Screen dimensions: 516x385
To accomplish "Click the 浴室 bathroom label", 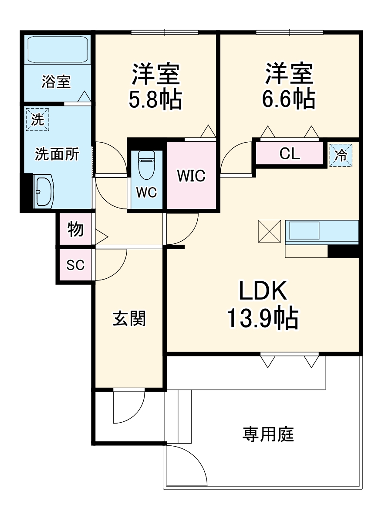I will coord(56,82).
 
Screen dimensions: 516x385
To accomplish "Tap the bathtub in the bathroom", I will coord(58,49).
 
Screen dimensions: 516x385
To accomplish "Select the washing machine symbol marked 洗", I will coord(37,119).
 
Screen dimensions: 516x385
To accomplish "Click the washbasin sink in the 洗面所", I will coord(44,191).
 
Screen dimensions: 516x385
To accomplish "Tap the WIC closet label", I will coord(191,176).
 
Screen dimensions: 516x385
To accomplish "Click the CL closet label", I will coord(290,154).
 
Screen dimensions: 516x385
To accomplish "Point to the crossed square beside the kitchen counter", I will coord(270,231).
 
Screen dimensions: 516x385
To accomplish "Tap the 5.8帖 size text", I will coord(155,100).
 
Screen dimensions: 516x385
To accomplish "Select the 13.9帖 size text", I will coord(262,318).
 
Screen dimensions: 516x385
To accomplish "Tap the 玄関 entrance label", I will coord(129,319).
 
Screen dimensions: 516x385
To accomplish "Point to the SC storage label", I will coord(75,265).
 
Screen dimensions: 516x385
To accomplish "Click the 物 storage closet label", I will coord(75,229).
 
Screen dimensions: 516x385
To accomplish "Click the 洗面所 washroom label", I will coord(57,154).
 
